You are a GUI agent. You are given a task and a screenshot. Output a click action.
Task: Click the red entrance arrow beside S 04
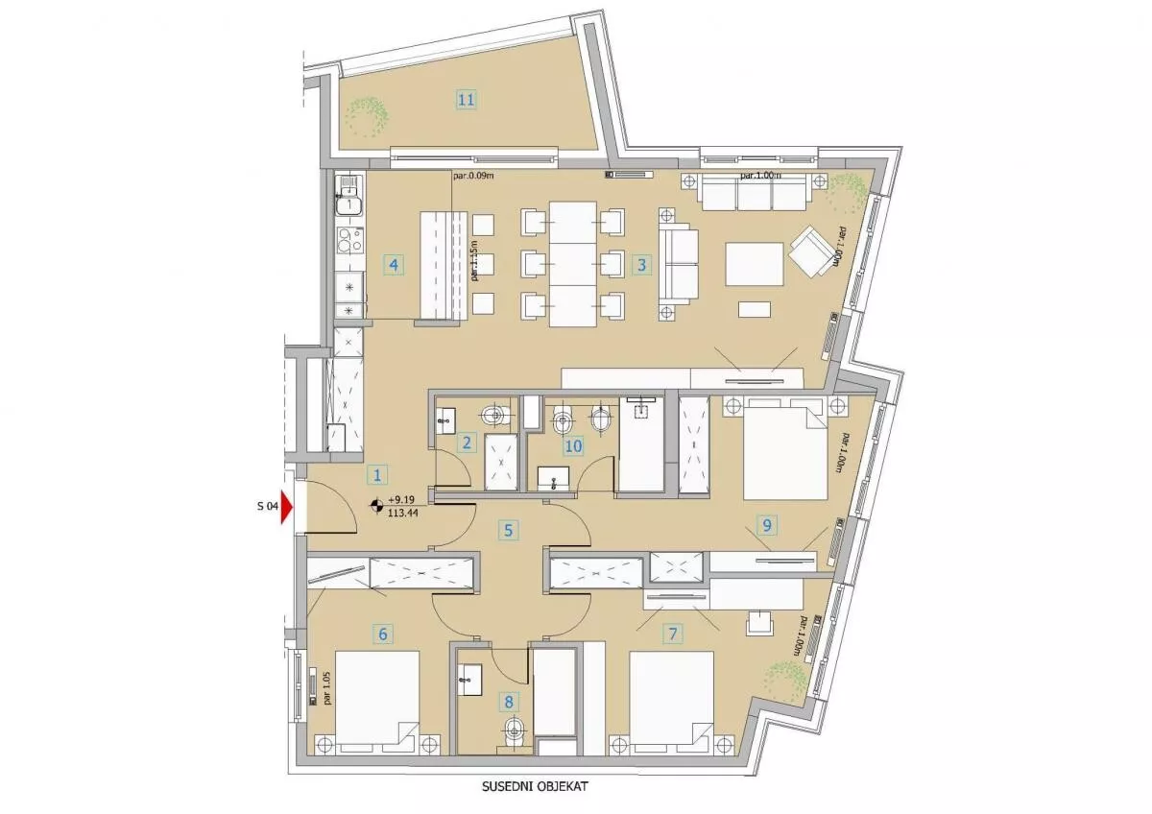coord(286,507)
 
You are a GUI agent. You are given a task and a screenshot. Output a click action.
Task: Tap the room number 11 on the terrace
coord(466,99)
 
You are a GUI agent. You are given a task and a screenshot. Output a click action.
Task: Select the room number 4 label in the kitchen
coord(394,265)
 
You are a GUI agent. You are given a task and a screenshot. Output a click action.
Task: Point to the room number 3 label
coord(641,265)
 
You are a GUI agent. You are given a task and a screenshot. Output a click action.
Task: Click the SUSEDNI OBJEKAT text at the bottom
coord(535,786)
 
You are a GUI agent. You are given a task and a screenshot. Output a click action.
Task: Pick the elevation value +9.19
coord(401,499)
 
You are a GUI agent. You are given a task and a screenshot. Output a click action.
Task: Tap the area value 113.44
coord(403,512)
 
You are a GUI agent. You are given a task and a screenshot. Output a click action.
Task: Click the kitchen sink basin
coord(349,206)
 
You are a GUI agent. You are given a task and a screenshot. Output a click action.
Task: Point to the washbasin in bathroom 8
coord(469,680)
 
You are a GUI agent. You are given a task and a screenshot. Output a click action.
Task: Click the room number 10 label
coord(573,445)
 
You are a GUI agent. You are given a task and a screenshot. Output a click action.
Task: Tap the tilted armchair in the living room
coord(812,251)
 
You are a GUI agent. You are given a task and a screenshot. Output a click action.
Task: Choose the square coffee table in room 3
coord(755,264)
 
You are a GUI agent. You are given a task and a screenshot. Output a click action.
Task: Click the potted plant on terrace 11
coord(367,117)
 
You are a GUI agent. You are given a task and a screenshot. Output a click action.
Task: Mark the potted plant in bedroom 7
coord(785,682)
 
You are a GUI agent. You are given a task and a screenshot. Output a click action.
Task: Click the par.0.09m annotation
coord(473,176)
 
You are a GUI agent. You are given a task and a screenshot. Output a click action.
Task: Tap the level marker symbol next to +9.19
coord(377,506)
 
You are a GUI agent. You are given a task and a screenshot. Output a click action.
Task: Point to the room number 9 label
coord(767,525)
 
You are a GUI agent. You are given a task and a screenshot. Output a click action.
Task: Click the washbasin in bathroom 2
coord(445,420)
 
